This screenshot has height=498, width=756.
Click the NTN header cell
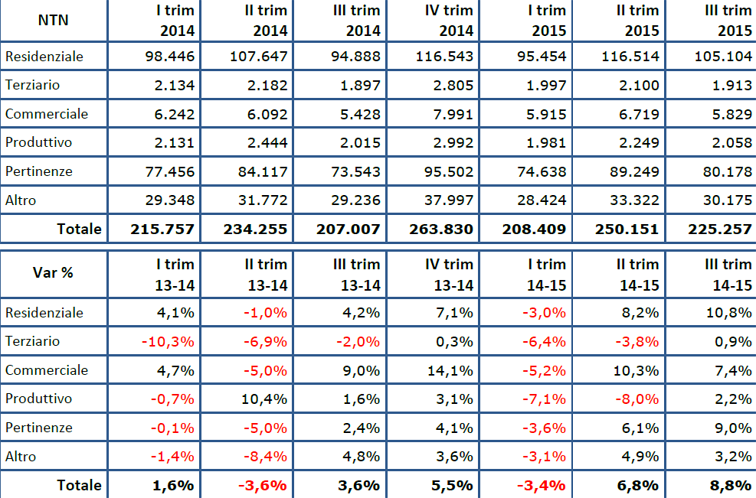click(x=53, y=20)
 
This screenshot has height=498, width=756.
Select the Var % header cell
click(x=53, y=273)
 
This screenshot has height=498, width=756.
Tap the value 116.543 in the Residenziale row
click(x=444, y=57)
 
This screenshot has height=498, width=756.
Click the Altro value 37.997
click(x=444, y=200)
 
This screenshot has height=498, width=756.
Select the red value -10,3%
click(x=170, y=341)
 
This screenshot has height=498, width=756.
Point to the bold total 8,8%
click(x=730, y=485)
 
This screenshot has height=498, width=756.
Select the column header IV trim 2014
click(x=449, y=21)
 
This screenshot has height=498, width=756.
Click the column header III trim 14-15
click(x=728, y=274)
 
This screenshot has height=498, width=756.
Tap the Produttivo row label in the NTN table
click(x=38, y=142)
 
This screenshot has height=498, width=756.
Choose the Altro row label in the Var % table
click(x=21, y=457)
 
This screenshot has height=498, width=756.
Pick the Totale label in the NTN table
click(x=78, y=229)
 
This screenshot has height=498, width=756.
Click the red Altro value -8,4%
click(x=263, y=457)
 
